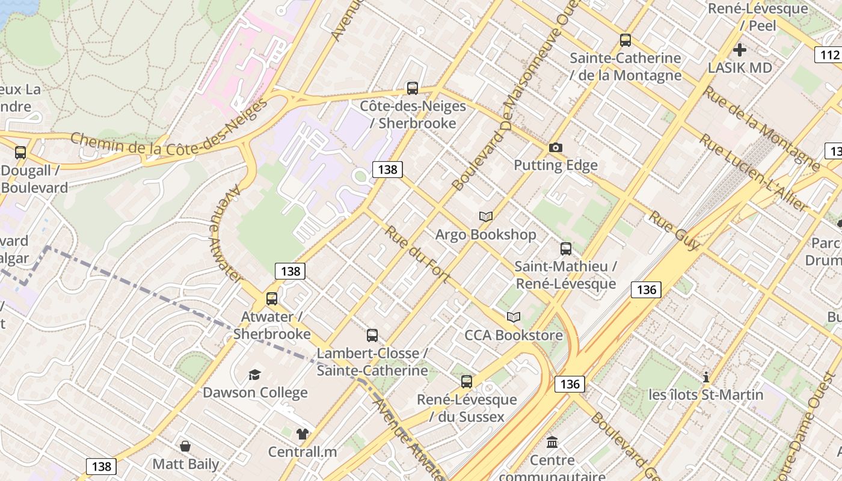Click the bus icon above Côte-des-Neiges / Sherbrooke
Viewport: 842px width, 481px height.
click(x=412, y=88)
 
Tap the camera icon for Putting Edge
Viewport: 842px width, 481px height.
click(x=555, y=147)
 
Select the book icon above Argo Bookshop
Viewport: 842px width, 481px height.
click(x=485, y=216)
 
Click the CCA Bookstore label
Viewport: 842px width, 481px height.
click(x=514, y=335)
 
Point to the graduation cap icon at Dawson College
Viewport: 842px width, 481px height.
click(x=255, y=375)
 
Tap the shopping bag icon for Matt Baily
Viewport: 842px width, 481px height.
click(x=185, y=446)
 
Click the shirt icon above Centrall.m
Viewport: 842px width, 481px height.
click(x=302, y=434)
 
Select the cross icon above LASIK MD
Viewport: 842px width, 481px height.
click(x=739, y=50)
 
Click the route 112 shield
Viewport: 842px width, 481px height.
click(x=829, y=55)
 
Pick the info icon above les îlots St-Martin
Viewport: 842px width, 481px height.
click(x=706, y=378)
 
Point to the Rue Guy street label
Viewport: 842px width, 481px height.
click(x=674, y=230)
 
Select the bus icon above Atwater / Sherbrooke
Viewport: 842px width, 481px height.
click(x=272, y=299)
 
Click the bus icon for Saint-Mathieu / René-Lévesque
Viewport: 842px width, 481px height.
click(x=565, y=249)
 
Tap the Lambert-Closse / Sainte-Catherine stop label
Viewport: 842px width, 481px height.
click(x=372, y=361)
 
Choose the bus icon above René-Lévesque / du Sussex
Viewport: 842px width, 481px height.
click(x=467, y=381)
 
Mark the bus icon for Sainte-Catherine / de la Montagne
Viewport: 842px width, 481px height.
click(x=625, y=40)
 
